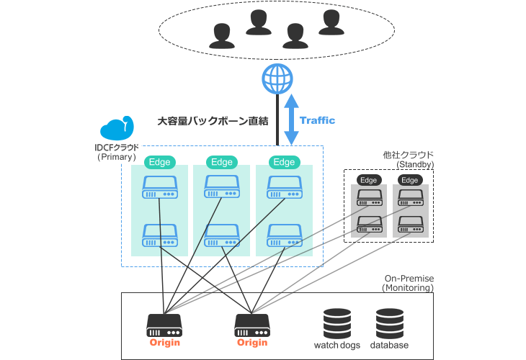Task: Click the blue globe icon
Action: tap(277, 78)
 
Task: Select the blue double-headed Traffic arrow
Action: tap(290, 120)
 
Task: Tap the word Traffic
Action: tap(317, 120)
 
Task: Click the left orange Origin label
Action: tap(164, 342)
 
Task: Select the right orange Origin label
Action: tap(252, 342)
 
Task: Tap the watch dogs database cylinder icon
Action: tap(337, 323)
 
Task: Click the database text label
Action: tap(389, 346)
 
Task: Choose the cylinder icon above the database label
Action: tap(390, 323)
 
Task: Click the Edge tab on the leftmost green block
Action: tap(159, 162)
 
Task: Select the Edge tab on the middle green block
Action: tap(221, 162)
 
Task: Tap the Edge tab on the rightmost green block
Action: tap(284, 162)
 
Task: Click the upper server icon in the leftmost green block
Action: tap(159, 189)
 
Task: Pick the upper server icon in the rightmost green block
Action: tap(284, 189)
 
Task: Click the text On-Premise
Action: tap(408, 278)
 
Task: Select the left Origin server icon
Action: tap(164, 324)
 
